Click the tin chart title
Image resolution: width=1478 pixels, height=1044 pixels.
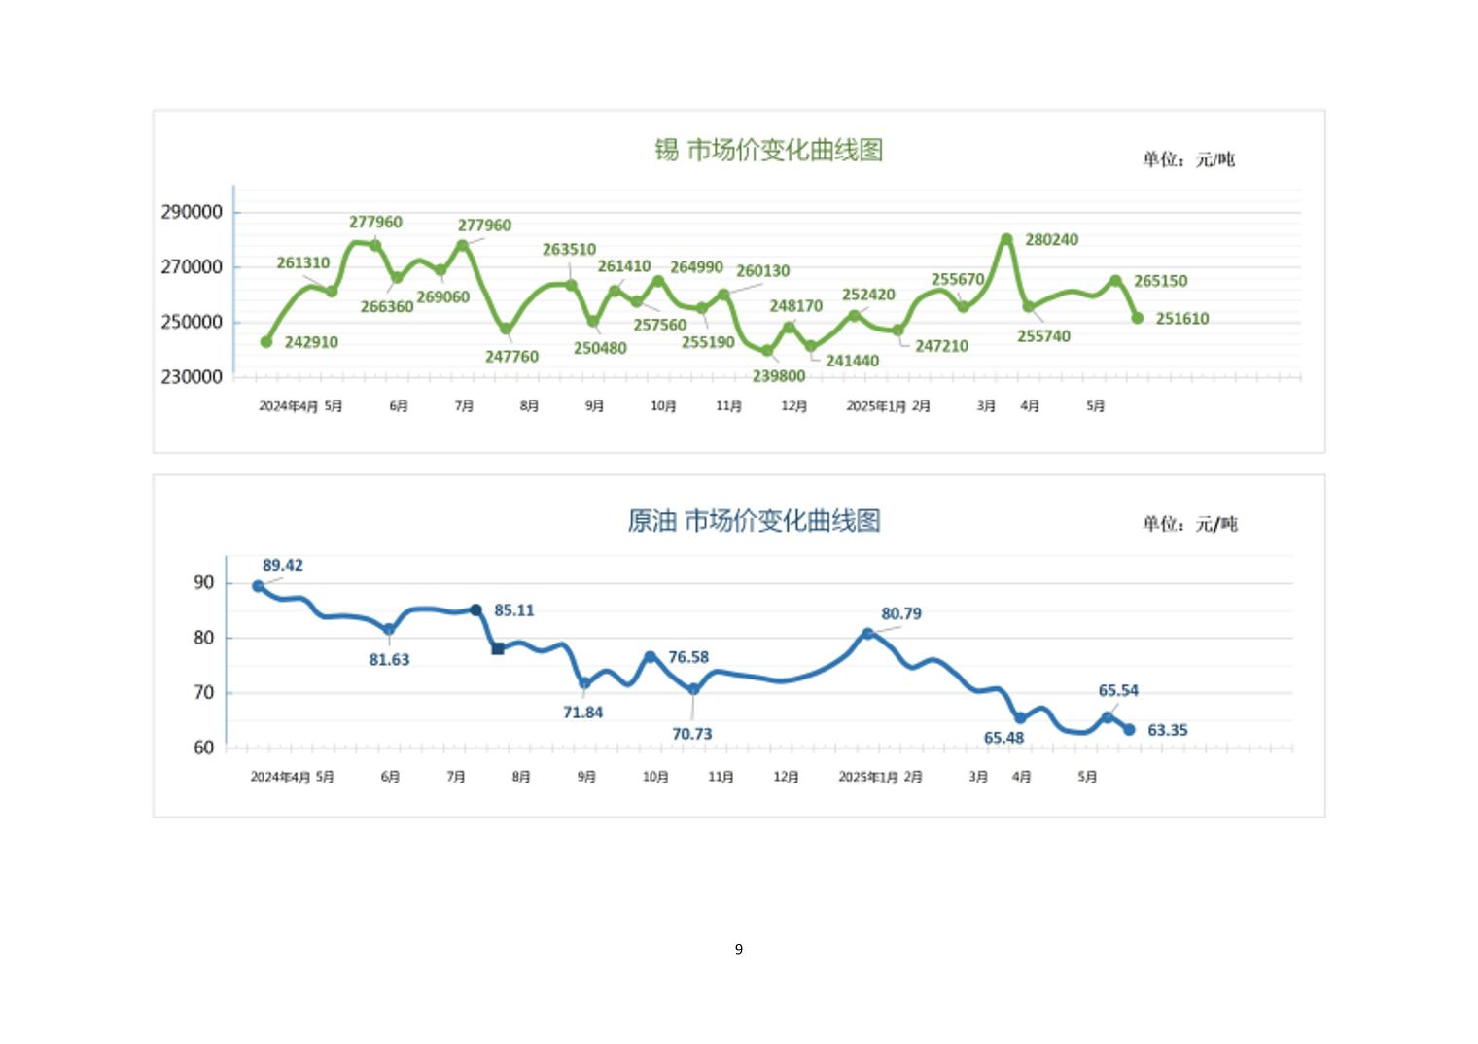click(768, 150)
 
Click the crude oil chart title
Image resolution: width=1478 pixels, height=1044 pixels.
click(754, 521)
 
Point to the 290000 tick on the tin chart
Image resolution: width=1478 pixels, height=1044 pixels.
click(192, 212)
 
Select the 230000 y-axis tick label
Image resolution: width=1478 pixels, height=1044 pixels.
click(192, 377)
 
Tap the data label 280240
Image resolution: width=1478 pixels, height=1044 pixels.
click(1051, 240)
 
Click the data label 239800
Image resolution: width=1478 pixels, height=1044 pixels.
click(778, 376)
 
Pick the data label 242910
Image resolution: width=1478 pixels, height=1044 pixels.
click(311, 342)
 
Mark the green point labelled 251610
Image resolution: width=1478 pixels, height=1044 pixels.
click(1138, 318)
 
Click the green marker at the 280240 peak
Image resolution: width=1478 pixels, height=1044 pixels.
click(1006, 239)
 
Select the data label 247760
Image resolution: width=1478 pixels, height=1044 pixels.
click(511, 357)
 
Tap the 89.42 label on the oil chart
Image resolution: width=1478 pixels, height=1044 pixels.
click(283, 566)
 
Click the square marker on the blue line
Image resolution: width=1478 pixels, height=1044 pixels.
click(498, 648)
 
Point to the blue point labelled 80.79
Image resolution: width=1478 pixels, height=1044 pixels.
click(868, 634)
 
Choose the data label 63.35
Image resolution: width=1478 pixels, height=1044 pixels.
click(1168, 730)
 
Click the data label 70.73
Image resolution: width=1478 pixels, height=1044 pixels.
click(692, 734)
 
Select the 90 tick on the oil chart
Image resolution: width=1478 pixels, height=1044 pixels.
click(204, 583)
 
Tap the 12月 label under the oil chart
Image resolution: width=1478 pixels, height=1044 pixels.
click(786, 777)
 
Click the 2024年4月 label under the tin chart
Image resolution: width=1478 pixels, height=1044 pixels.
click(288, 406)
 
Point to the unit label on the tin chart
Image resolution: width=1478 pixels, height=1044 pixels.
click(1188, 159)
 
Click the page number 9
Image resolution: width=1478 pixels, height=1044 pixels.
click(739, 949)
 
